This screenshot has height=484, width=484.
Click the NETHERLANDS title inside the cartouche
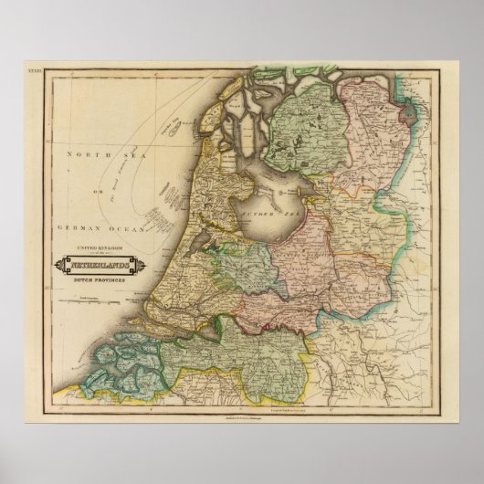98,265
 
